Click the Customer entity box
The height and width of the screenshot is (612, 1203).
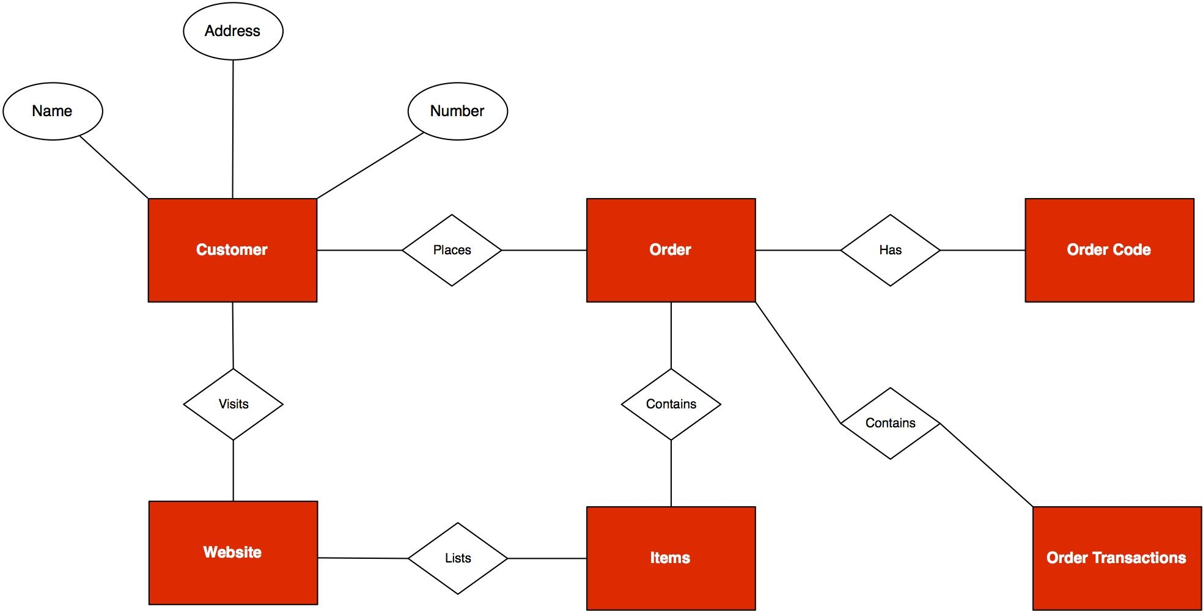coord(232,250)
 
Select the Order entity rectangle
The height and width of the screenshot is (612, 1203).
coord(671,250)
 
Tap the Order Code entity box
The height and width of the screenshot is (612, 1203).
coord(1109,250)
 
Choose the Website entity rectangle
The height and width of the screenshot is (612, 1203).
coord(233,553)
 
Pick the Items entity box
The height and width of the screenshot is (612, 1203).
coord(671,558)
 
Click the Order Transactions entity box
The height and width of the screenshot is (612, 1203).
coord(1117,558)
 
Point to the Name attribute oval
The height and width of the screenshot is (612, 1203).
coord(53,111)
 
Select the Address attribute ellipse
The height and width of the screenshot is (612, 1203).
coord(233,31)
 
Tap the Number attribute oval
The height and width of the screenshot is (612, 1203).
coord(457,111)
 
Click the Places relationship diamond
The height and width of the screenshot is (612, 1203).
coord(452,250)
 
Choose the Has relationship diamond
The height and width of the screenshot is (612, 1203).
coord(890,250)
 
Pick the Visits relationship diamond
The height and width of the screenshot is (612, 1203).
coord(233,404)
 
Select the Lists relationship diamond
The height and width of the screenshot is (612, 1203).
coord(457,558)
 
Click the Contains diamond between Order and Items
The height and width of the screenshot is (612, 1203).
coord(671,404)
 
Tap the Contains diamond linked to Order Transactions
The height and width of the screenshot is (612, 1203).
coord(890,423)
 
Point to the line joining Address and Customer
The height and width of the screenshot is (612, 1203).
coord(233,129)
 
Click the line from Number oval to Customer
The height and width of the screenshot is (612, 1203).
coord(370,165)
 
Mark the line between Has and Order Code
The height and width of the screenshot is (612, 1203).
coord(982,250)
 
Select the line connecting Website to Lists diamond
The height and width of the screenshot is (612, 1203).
coord(362,558)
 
